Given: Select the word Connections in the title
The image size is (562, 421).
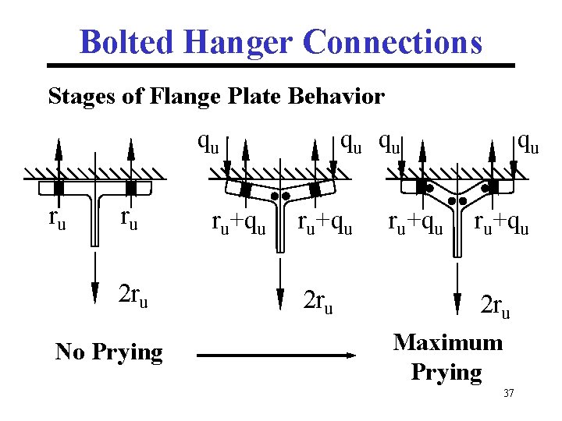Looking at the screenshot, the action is coord(392,42).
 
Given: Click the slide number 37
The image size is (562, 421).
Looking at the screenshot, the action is coord(509,393).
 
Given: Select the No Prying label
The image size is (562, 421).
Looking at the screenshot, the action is coord(109,352).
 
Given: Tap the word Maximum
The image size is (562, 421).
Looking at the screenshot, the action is coord(448,342).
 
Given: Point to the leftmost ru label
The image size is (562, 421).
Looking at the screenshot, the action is coord(57,219).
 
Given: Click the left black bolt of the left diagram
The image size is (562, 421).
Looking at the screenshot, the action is coord(59,188).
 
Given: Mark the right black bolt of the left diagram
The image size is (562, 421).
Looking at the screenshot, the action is coord(131,188).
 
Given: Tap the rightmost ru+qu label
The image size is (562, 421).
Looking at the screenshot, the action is coord(502,225).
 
